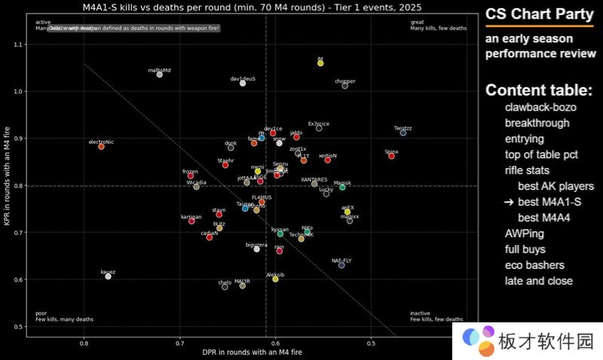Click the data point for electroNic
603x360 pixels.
coord(101,146)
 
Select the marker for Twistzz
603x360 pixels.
coord(403,133)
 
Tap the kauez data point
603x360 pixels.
coord(109,276)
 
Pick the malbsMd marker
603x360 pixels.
coord(159,75)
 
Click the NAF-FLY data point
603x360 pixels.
coord(341,265)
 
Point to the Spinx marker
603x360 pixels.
coord(391,156)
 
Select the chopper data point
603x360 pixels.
coord(345,86)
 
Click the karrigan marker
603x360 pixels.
coord(191,221)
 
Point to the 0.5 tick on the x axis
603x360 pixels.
coord(371,344)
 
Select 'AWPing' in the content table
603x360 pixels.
coord(524,233)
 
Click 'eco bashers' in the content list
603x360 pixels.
coord(537,265)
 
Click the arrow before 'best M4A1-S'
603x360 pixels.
coord(509,202)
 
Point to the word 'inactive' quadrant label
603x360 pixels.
coord(421,313)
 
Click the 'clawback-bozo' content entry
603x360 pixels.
coord(540,107)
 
